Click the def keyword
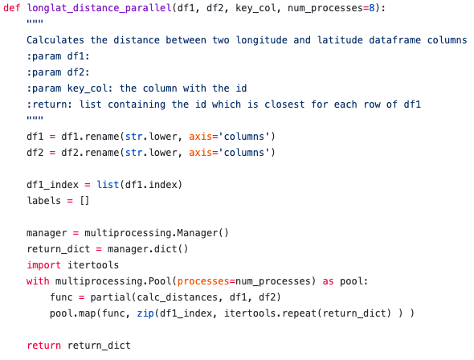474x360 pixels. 12,8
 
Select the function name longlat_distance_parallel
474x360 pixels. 100,8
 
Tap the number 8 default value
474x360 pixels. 371,8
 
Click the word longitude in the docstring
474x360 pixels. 261,40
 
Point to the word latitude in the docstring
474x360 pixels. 340,40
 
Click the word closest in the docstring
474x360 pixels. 284,104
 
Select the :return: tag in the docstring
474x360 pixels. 50,104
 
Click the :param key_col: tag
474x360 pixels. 70,88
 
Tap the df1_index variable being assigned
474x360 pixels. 52,185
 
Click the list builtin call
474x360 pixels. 108,184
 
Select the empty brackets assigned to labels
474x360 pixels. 84,201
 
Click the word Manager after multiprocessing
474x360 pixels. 197,233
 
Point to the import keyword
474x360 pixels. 44,265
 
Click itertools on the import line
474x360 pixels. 93,265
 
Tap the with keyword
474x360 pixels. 38,281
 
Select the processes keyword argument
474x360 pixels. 203,281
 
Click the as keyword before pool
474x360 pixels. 328,281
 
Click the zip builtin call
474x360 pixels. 145,313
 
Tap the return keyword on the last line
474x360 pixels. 44,346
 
